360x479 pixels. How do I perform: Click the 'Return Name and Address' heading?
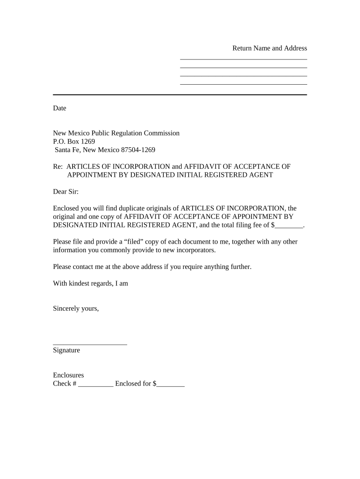(270, 48)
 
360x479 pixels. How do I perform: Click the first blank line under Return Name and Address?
(243, 59)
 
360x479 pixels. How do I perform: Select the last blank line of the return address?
(243, 84)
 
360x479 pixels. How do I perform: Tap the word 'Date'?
(59, 108)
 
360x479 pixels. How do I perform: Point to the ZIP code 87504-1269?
(138, 150)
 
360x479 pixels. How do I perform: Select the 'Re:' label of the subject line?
(58, 167)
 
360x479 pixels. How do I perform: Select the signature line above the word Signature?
(90, 345)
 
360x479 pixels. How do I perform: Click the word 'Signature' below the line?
(66, 350)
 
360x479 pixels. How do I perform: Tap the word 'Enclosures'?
(68, 375)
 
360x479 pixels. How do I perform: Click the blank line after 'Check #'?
(96, 385)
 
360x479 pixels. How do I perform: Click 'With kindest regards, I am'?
(90, 283)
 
